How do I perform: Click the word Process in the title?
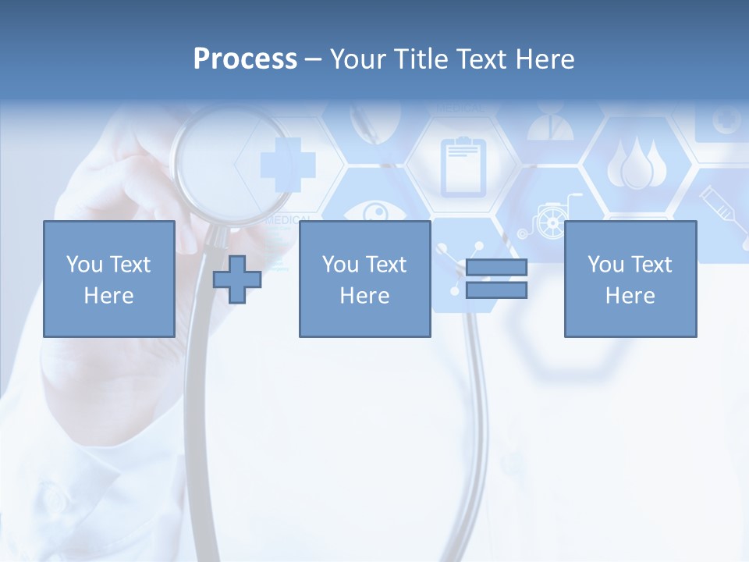(x=245, y=59)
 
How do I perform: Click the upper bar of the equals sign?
(x=497, y=268)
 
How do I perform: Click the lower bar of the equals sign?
(x=497, y=290)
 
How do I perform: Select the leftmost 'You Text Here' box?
(x=109, y=279)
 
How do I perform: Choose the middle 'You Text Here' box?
(x=364, y=279)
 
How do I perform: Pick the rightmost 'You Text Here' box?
(x=630, y=279)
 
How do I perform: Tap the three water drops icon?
(x=636, y=165)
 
